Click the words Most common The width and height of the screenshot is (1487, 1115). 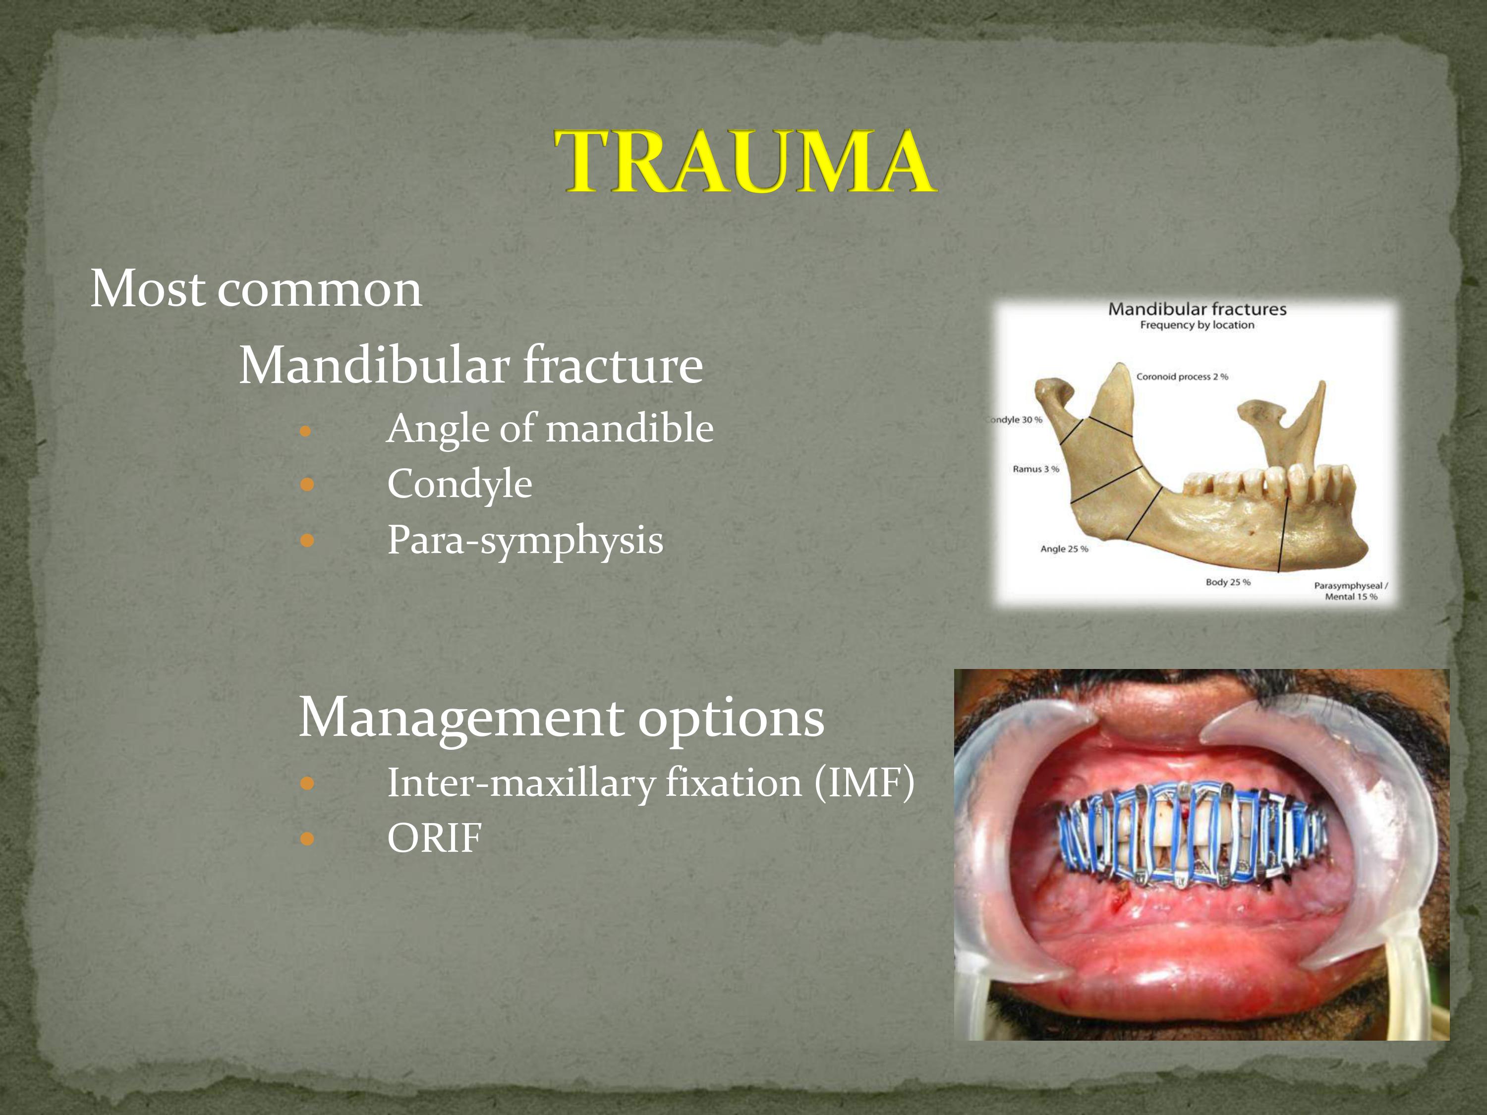tap(256, 289)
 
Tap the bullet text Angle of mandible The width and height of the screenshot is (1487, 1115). tap(550, 428)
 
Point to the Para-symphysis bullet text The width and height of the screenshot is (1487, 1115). tap(525, 540)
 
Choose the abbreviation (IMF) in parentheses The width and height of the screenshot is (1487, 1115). tap(864, 783)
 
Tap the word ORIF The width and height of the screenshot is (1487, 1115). tap(434, 838)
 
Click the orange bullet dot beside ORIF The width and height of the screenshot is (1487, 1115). tap(307, 838)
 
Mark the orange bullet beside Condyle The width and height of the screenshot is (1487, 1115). tap(307, 484)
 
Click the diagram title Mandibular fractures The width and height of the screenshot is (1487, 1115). tap(1197, 309)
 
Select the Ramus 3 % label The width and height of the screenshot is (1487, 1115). tap(1036, 469)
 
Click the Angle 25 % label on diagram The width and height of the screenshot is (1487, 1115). tap(1064, 549)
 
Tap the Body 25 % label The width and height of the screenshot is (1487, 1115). tap(1228, 582)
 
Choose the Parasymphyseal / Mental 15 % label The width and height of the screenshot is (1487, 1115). tap(1351, 591)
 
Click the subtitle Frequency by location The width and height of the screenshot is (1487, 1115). tap(1197, 325)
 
